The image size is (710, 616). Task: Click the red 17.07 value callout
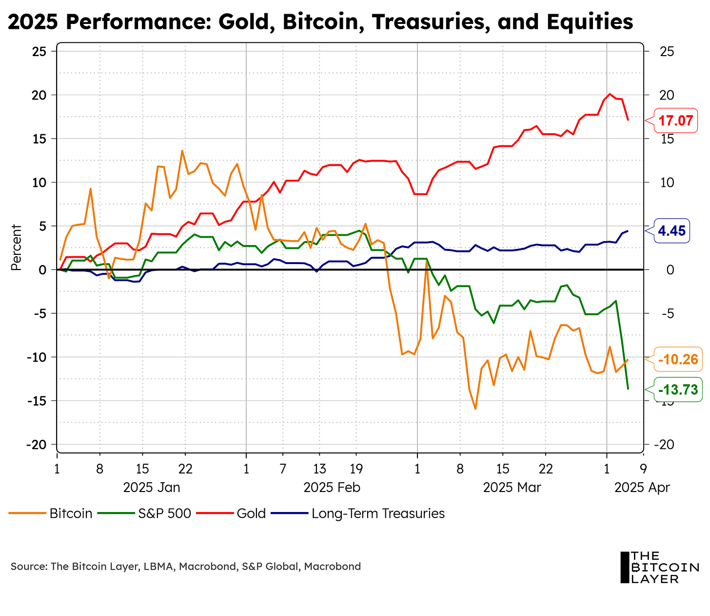676,120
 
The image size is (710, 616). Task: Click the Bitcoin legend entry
71,513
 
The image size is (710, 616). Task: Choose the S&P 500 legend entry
164,513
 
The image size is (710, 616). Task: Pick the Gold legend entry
251,513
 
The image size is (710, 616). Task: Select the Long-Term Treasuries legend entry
378,513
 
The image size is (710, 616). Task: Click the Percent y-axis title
16,247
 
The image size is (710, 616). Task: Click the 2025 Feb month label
332,487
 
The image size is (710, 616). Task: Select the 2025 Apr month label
642,487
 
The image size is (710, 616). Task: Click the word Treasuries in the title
430,22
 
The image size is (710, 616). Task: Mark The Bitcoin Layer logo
659,567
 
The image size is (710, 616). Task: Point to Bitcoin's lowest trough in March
475,409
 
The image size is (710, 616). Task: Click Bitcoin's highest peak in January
182,151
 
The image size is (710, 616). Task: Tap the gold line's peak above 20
610,94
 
